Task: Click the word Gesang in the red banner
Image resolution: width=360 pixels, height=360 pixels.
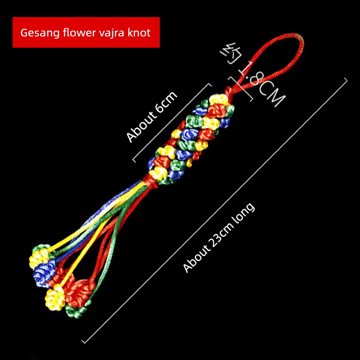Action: click(x=40, y=33)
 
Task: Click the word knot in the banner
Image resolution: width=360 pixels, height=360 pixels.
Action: click(x=139, y=32)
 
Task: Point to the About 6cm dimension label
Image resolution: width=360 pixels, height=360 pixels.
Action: click(x=152, y=117)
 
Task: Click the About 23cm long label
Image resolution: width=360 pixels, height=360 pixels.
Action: click(x=219, y=238)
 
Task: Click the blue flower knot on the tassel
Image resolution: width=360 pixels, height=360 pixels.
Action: click(x=44, y=273)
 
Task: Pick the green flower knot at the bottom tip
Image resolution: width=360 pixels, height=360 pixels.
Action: click(x=76, y=310)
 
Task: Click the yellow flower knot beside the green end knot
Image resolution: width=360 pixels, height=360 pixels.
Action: click(x=54, y=298)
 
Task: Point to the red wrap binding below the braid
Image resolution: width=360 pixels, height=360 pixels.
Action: click(x=150, y=180)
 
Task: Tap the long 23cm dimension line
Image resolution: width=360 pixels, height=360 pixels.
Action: click(x=215, y=211)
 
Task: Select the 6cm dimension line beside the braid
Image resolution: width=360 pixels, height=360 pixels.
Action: click(x=172, y=122)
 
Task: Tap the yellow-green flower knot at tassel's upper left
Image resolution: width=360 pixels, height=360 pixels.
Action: click(x=40, y=254)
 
